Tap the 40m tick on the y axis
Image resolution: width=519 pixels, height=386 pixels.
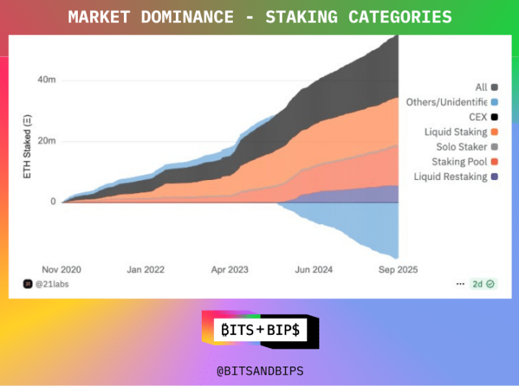pos(47,80)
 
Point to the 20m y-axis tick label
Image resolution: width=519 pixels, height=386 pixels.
pos(47,140)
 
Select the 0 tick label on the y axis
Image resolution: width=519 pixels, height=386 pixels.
pos(53,202)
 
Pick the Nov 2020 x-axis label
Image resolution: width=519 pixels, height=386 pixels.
pos(61,270)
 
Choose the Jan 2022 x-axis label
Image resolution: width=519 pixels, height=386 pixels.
pos(146,270)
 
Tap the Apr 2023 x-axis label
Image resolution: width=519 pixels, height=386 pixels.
pos(229,270)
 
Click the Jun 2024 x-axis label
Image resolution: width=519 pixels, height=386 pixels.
pos(314,270)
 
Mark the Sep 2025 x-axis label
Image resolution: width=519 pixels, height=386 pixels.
pos(398,270)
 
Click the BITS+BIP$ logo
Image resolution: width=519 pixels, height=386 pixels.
pos(259,331)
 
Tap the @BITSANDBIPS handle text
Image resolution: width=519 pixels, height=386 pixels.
pos(260,371)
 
